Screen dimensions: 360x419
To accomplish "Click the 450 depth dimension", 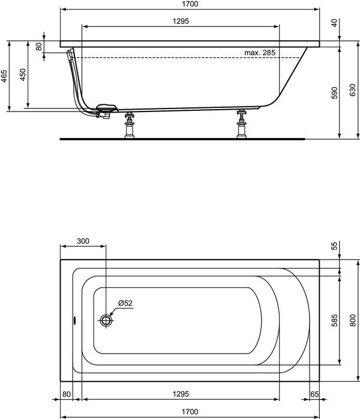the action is tap(22, 74).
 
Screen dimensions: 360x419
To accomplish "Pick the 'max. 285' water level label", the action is tap(260, 53).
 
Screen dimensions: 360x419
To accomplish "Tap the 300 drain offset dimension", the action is tap(83, 241).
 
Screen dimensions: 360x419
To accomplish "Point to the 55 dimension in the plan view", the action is tap(334, 246).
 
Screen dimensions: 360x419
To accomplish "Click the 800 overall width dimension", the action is tap(352, 321).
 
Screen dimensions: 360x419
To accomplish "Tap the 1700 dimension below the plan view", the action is tap(189, 412).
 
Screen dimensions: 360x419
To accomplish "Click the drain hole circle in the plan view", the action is tap(106, 319).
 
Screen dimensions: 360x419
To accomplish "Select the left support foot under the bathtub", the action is tap(128, 126).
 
